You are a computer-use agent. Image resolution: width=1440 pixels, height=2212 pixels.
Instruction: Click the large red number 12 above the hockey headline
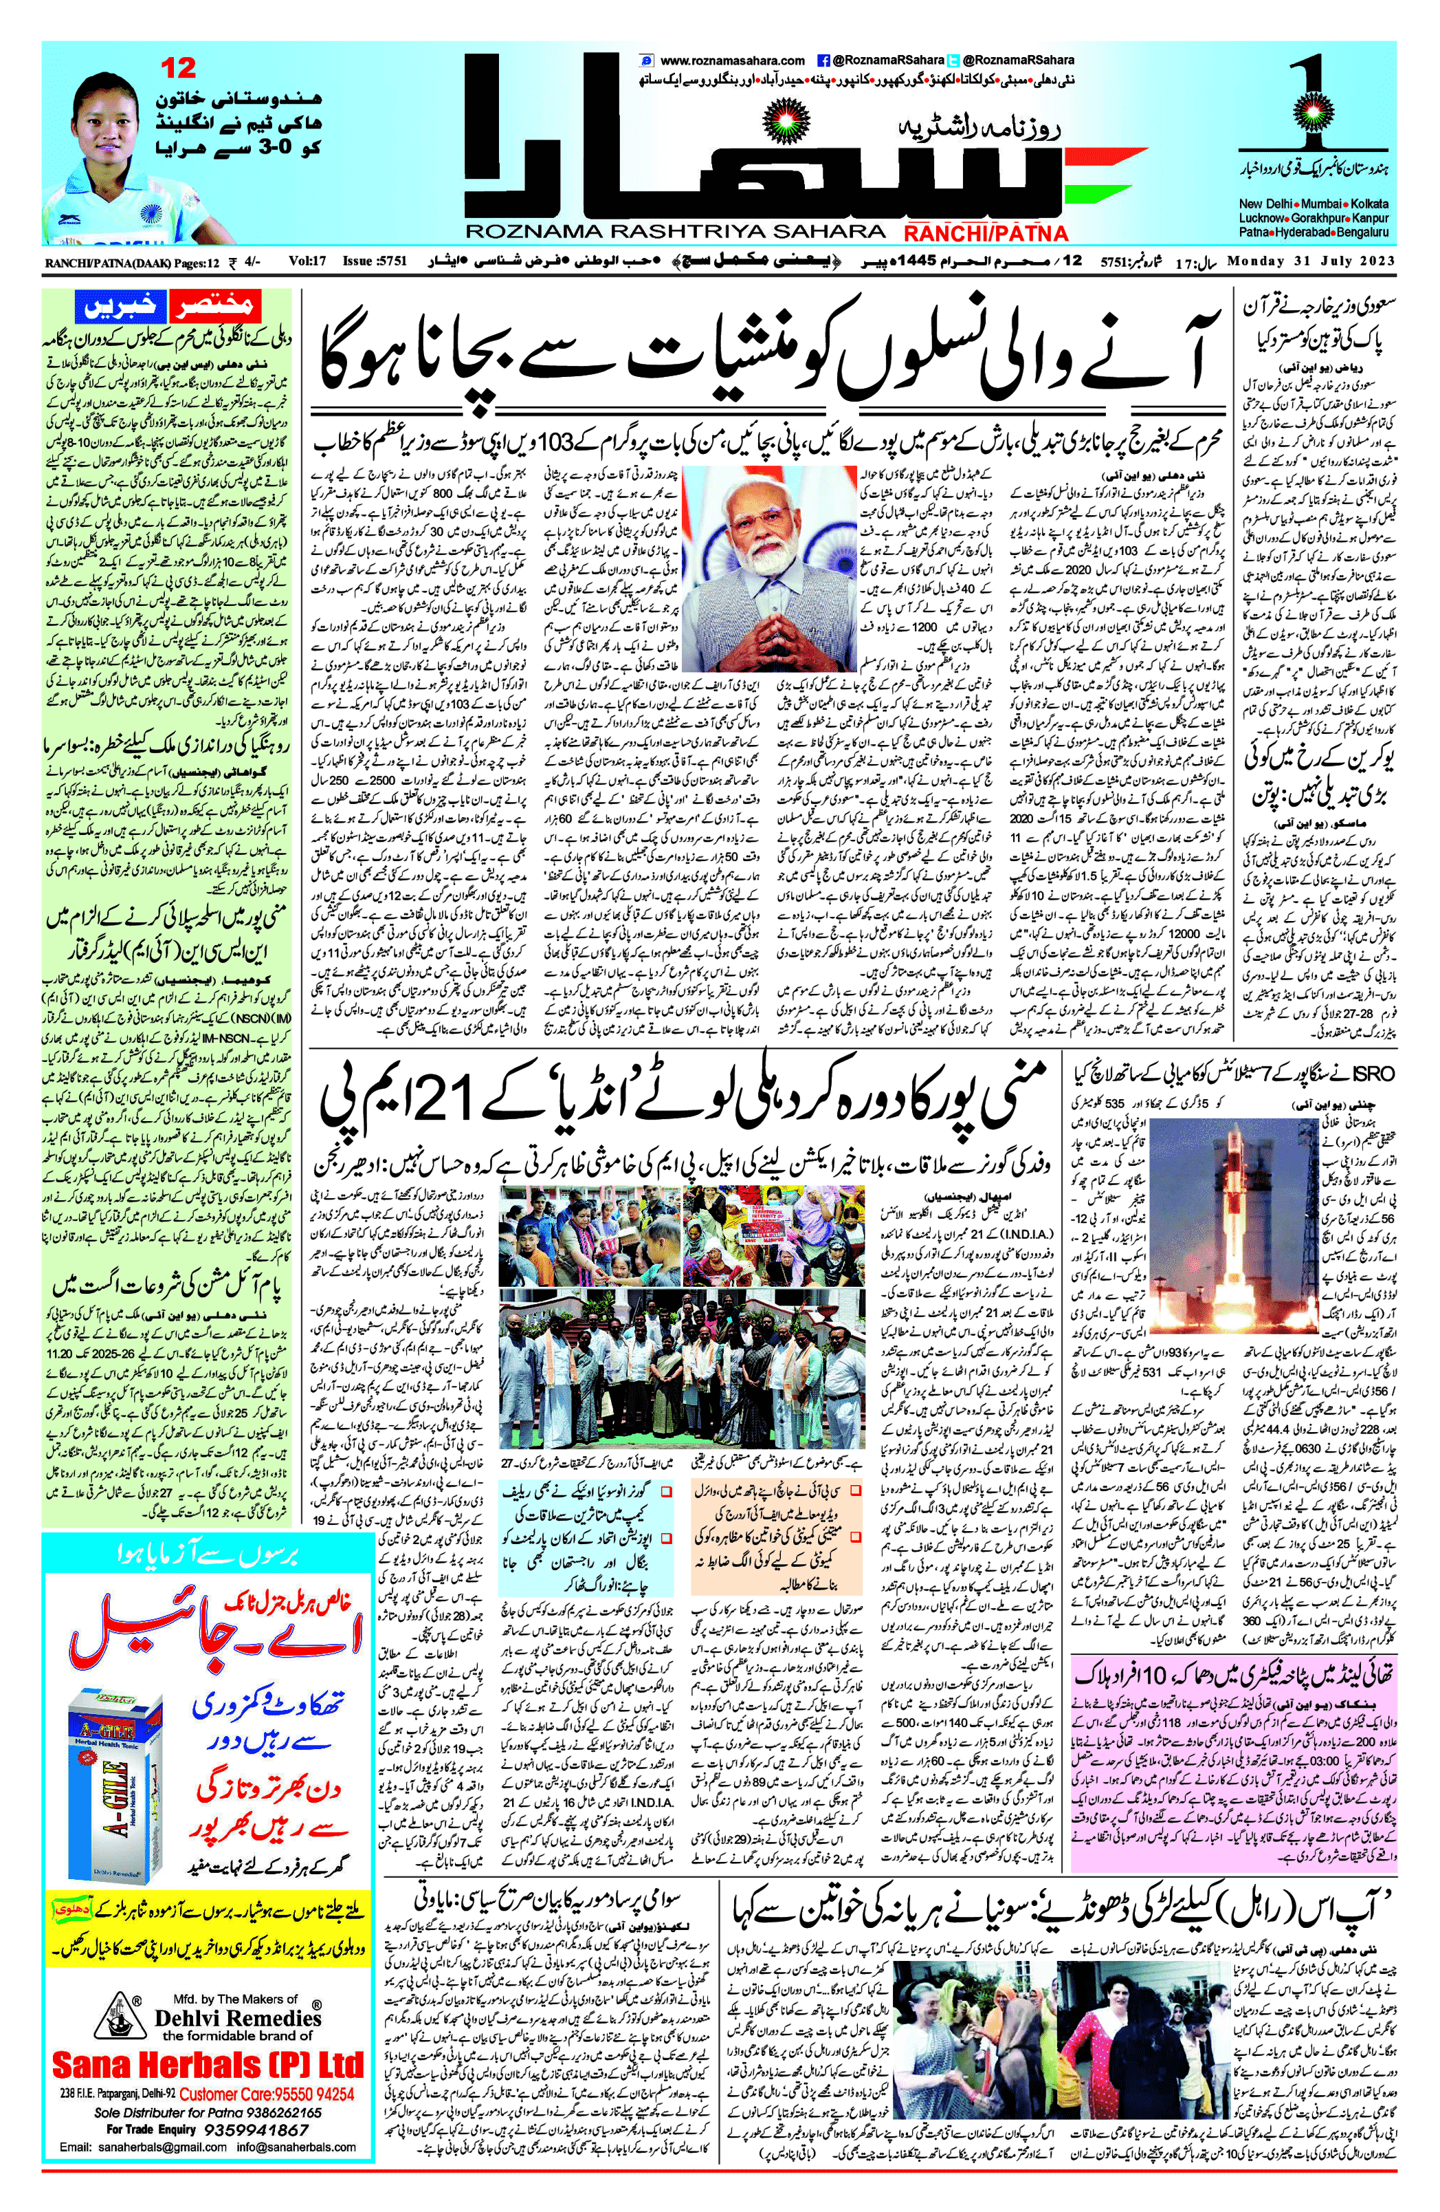click(179, 68)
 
